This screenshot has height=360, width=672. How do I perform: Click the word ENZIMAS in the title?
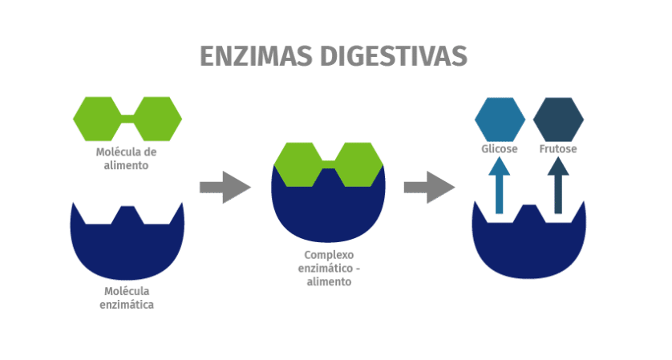point(256,56)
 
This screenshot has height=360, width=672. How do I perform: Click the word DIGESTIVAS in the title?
point(394,56)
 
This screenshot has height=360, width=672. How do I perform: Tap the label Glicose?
point(500,148)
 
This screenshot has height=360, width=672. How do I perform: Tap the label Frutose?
point(558,148)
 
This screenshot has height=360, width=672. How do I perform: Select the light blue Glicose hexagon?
point(500,119)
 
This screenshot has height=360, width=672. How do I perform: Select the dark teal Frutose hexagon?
point(558,119)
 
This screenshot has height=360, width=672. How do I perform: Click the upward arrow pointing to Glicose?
point(500,185)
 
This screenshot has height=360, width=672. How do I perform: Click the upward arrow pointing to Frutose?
point(558,185)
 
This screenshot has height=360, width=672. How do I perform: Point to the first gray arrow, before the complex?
point(225,188)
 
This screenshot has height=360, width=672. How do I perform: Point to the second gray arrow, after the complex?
point(430,188)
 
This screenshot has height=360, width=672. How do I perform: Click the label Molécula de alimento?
point(126,159)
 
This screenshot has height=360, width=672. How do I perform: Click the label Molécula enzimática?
point(127,297)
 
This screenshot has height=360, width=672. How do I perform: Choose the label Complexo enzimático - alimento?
point(329,269)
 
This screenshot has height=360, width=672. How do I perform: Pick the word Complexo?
point(329,255)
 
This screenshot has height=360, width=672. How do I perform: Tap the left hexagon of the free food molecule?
point(97,119)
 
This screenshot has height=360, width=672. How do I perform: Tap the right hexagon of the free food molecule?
point(157,119)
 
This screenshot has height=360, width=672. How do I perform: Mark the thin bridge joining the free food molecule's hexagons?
point(128,119)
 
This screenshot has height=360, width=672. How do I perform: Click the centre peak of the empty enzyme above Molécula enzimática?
point(128,213)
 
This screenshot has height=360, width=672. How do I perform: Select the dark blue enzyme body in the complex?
point(328,210)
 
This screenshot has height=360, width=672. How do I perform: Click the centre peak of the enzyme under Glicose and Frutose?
point(529,212)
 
